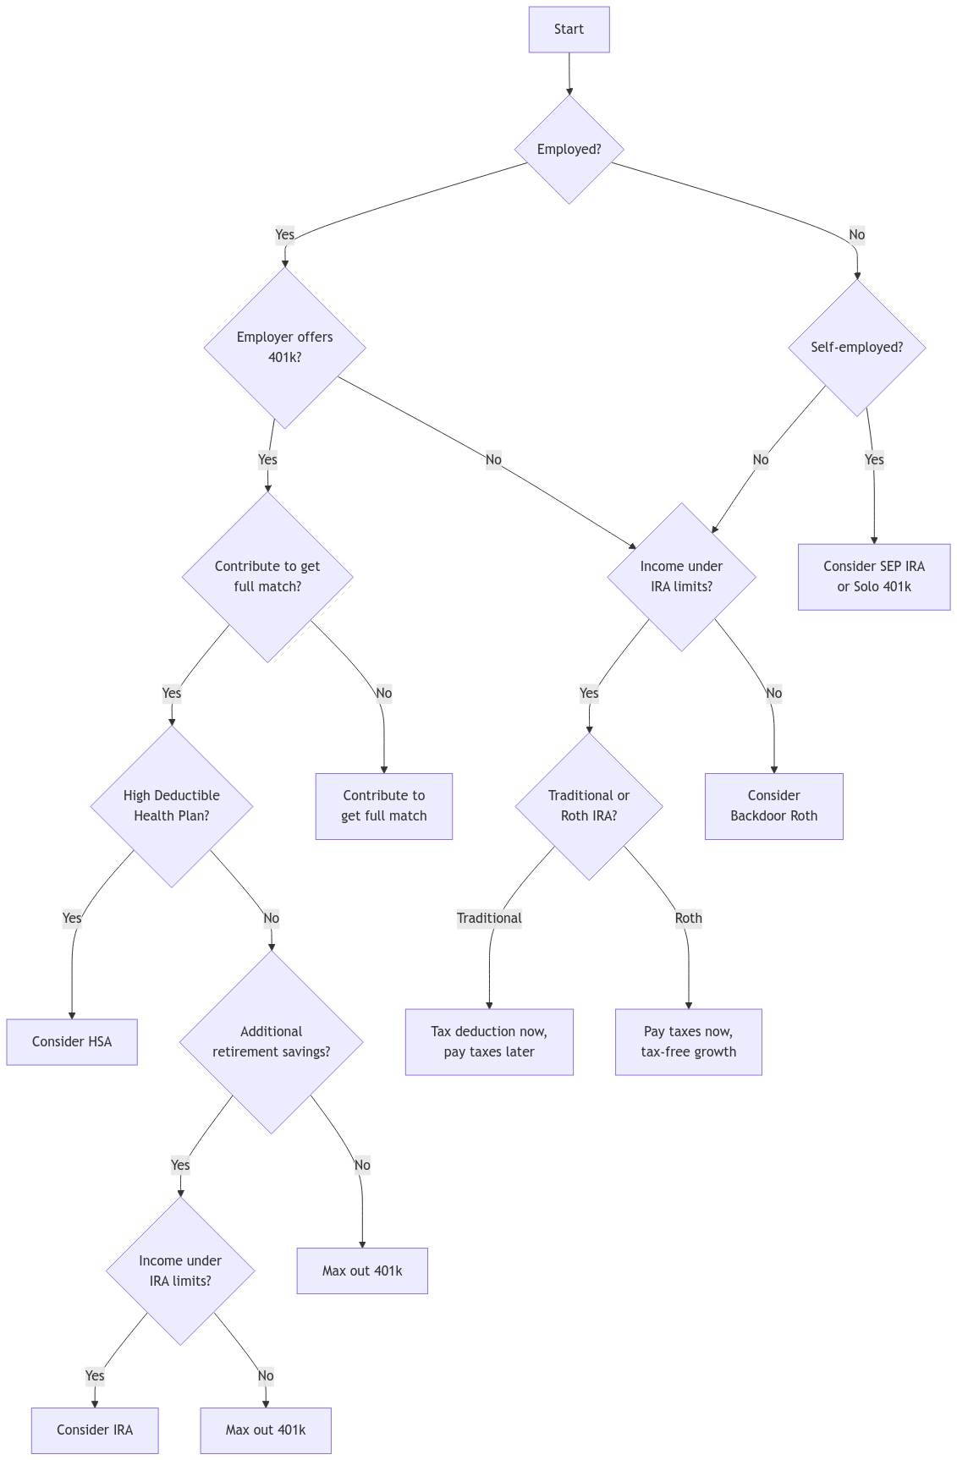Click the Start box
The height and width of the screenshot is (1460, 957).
[569, 30]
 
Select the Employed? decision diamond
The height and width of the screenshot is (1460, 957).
[569, 149]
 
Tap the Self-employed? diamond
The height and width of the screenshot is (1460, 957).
[856, 347]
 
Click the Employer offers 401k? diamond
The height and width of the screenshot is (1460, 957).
[284, 347]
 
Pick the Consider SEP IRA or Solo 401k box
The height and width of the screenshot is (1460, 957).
[874, 576]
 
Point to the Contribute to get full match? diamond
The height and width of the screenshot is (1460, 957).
[267, 576]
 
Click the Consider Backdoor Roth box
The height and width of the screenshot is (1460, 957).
[773, 805]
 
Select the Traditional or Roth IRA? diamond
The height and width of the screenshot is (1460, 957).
[589, 805]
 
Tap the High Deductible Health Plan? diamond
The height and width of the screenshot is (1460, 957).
[171, 805]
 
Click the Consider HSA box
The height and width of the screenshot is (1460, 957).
[72, 1041]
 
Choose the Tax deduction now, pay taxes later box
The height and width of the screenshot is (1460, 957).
[489, 1041]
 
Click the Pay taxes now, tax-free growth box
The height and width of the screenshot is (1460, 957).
[688, 1041]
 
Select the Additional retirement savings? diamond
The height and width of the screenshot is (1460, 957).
[271, 1041]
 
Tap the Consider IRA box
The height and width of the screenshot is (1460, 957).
[95, 1430]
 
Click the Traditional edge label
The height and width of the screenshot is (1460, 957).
[489, 918]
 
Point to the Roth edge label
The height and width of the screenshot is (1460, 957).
[688, 918]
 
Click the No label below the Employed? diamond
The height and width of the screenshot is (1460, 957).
[856, 234]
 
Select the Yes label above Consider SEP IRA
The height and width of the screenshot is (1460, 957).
[874, 459]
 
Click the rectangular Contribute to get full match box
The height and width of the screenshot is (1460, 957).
[383, 805]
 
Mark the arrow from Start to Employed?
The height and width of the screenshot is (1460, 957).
[569, 74]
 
